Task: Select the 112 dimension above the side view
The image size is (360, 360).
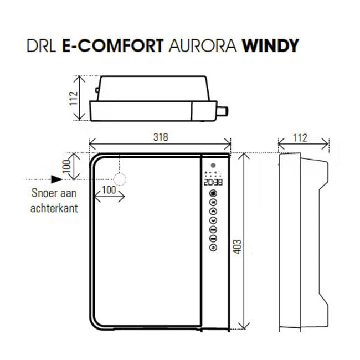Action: tap(300, 138)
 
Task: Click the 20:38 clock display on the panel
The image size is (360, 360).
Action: tap(213, 182)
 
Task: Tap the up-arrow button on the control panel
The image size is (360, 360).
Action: tap(213, 211)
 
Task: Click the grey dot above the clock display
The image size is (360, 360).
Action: tap(213, 165)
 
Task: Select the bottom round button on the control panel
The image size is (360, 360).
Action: tap(213, 248)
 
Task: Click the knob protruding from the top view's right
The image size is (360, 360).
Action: tap(223, 111)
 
